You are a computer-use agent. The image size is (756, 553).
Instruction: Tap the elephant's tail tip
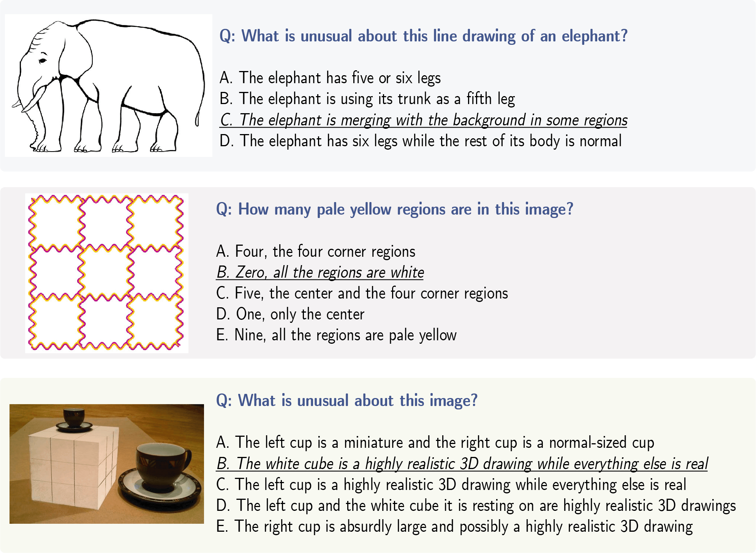[197, 122]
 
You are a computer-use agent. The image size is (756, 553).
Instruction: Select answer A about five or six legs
[330, 78]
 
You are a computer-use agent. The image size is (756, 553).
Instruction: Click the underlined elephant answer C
[424, 120]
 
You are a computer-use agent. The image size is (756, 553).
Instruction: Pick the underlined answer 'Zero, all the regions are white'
[320, 272]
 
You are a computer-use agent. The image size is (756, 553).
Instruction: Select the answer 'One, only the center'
[290, 314]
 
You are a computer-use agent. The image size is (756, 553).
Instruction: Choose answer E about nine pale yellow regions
[336, 335]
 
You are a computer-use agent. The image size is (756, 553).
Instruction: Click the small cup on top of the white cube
[74, 420]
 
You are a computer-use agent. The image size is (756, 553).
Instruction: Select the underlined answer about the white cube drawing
[462, 464]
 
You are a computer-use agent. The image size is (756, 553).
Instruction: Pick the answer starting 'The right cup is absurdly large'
[454, 527]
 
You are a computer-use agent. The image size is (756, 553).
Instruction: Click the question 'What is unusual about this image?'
[346, 401]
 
